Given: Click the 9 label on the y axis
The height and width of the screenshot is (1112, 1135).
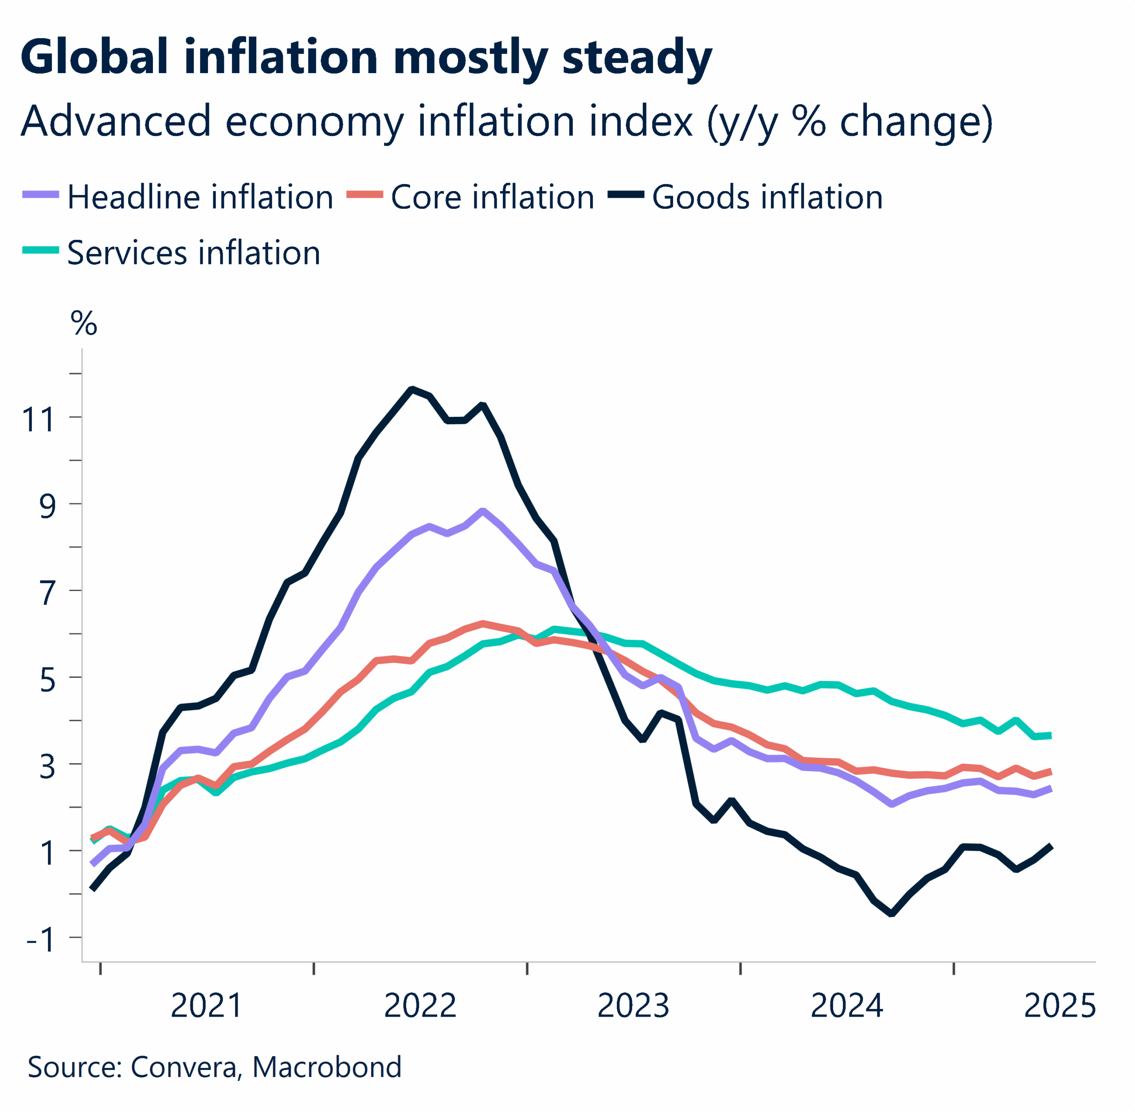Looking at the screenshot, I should [x=47, y=506].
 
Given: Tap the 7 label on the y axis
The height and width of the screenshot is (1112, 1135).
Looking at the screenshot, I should [x=47, y=593].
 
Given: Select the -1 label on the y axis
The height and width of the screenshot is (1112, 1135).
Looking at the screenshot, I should [x=40, y=940].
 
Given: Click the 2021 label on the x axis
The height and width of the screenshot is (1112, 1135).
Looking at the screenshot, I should [x=206, y=1006].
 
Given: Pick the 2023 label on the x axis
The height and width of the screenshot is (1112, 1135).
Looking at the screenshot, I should [x=633, y=1006].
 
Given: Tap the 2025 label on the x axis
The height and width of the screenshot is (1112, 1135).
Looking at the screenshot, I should [x=1060, y=1006].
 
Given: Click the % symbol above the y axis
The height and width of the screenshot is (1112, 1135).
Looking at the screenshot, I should [x=83, y=323].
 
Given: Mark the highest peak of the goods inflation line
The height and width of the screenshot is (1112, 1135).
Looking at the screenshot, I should [x=412, y=388].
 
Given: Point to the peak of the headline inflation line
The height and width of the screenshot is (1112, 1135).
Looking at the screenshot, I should [x=482, y=511].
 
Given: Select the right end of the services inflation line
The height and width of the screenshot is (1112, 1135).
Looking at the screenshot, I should [x=1050, y=735].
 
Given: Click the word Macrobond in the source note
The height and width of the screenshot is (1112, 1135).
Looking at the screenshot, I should [x=327, y=1067].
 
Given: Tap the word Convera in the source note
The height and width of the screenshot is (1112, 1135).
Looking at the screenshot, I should [x=184, y=1067].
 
